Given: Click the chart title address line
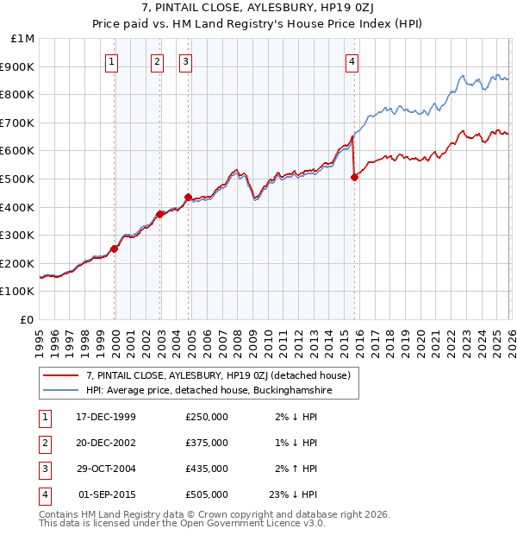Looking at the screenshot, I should click(258, 8).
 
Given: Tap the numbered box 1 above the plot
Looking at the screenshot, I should click(114, 61).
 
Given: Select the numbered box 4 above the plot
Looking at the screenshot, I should click(352, 61).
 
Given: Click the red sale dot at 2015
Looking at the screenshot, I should click(354, 178).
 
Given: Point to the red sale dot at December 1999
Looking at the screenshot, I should click(115, 249).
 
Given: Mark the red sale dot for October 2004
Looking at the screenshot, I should click(188, 197).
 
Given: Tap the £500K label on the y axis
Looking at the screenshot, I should click(19, 179).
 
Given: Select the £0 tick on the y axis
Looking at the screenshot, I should click(28, 319).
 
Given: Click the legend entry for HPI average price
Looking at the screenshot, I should click(209, 391).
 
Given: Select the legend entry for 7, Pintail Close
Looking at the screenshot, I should click(218, 376).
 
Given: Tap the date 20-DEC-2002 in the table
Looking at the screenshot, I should click(106, 443).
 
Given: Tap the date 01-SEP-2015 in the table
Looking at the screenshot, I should click(106, 494).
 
